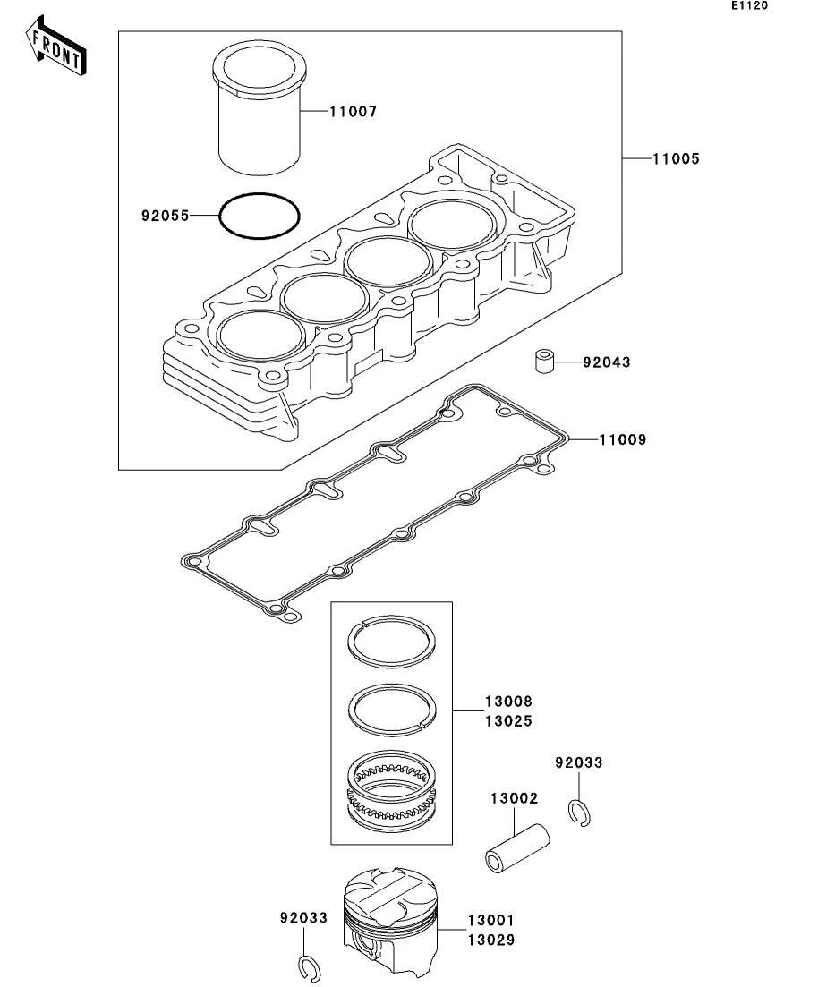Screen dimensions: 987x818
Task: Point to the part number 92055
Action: coord(165,216)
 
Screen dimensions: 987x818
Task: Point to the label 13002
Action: coord(513,797)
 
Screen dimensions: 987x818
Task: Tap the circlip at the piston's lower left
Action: coord(308,968)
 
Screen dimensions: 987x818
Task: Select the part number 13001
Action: coord(490,921)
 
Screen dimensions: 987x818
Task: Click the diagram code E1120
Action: coord(749,5)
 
